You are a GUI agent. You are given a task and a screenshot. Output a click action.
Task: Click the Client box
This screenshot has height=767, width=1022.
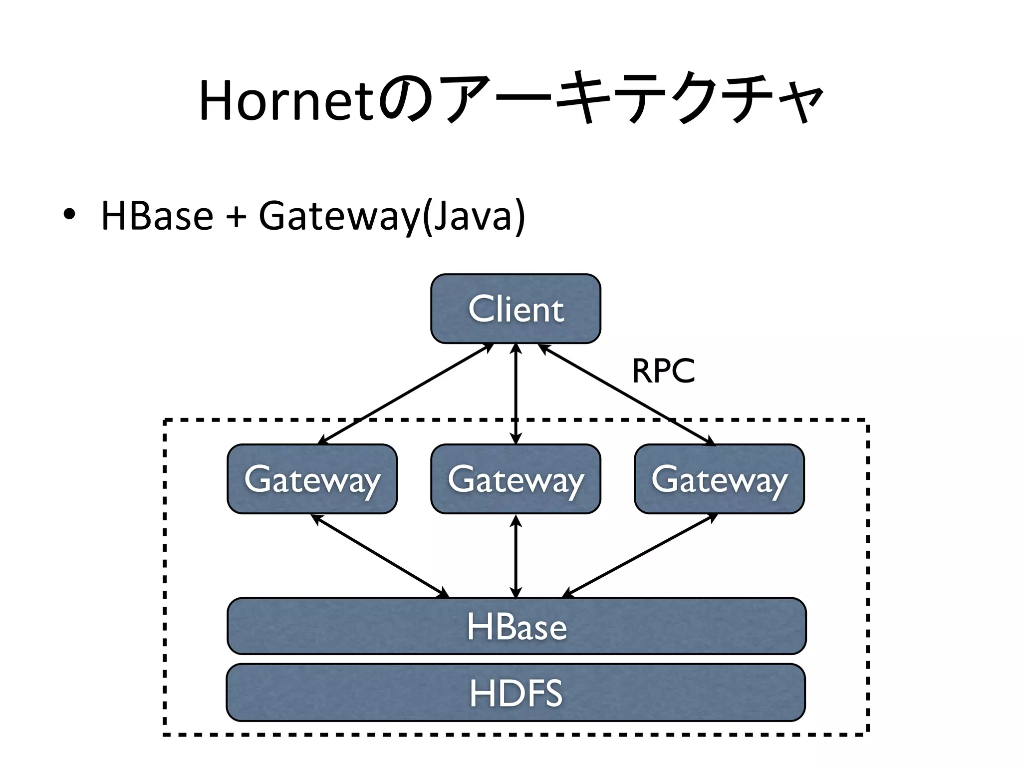(515, 309)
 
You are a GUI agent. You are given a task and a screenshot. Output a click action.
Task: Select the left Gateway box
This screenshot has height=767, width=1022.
(312, 479)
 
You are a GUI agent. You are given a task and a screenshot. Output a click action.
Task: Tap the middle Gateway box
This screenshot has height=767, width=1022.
(515, 479)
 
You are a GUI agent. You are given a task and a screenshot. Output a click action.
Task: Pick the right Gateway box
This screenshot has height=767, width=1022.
(719, 479)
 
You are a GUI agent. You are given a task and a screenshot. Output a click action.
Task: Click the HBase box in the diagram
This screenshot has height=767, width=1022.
(516, 626)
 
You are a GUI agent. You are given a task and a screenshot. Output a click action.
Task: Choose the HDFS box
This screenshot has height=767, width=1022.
(515, 693)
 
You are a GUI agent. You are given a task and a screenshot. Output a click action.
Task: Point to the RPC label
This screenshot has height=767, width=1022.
(663, 372)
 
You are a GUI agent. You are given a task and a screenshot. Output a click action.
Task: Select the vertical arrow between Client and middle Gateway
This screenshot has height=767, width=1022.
(516, 393)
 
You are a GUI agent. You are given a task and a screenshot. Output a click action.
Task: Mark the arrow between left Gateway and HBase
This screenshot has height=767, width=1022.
(379, 555)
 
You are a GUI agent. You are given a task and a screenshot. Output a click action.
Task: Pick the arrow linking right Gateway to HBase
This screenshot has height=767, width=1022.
(640, 555)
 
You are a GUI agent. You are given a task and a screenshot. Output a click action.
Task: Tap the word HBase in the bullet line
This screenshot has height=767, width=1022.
(157, 216)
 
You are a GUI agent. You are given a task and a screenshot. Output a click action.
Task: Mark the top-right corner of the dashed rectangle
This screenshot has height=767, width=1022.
(868, 421)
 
